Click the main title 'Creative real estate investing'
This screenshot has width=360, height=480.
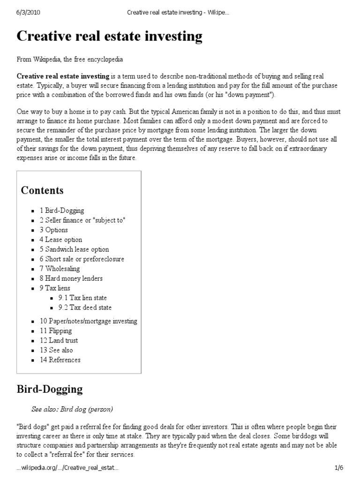click(110, 36)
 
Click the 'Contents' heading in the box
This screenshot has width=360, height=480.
click(42, 190)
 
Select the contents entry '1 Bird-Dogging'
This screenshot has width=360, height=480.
click(62, 210)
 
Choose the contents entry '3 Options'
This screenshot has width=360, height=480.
click(53, 230)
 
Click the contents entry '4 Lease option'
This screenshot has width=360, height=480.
click(60, 240)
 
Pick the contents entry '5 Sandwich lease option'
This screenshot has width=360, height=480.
click(74, 249)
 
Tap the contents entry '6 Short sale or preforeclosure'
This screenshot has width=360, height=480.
click(82, 259)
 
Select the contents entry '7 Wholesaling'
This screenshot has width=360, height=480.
click(60, 269)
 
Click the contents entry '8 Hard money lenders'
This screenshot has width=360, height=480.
click(71, 278)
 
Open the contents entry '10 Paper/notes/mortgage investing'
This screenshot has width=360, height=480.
click(88, 321)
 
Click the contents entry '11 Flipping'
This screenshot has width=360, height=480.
click(56, 331)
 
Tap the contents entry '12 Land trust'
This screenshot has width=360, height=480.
click(59, 340)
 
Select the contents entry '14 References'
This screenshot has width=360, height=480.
click(60, 360)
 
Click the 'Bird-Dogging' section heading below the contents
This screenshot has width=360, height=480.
click(50, 389)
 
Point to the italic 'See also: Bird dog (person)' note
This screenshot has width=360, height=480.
click(72, 409)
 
